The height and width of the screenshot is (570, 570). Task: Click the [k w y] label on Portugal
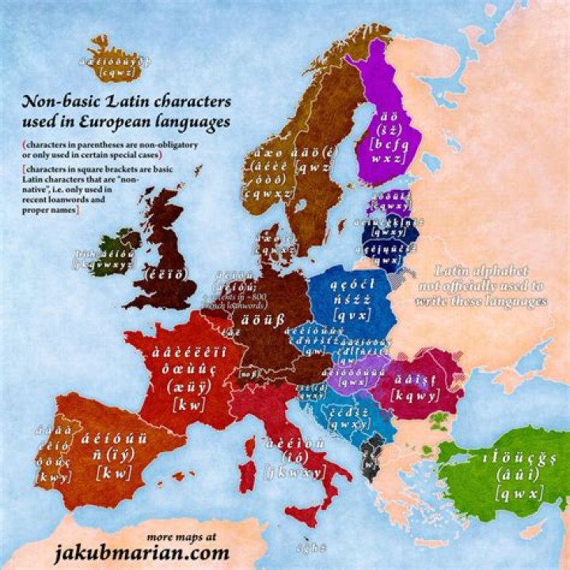click(53, 477)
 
